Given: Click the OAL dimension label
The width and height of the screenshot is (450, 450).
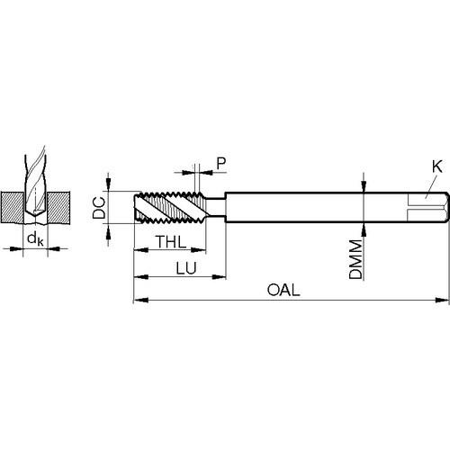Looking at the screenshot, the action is pyautogui.click(x=283, y=290).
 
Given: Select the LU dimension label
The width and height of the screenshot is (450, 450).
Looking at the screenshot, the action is pyautogui.click(x=186, y=268).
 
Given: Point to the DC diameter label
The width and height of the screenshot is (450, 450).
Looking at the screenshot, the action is pyautogui.click(x=99, y=208).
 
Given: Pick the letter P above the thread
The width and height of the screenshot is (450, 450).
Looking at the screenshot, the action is pyautogui.click(x=221, y=164).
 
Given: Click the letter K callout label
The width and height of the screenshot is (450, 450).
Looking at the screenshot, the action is pyautogui.click(x=437, y=166).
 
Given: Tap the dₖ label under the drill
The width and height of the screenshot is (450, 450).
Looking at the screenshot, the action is pyautogui.click(x=35, y=239).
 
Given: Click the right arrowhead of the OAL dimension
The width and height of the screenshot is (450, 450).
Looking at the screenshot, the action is pyautogui.click(x=442, y=300).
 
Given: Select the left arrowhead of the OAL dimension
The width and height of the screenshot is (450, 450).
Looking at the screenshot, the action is pyautogui.click(x=140, y=300).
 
